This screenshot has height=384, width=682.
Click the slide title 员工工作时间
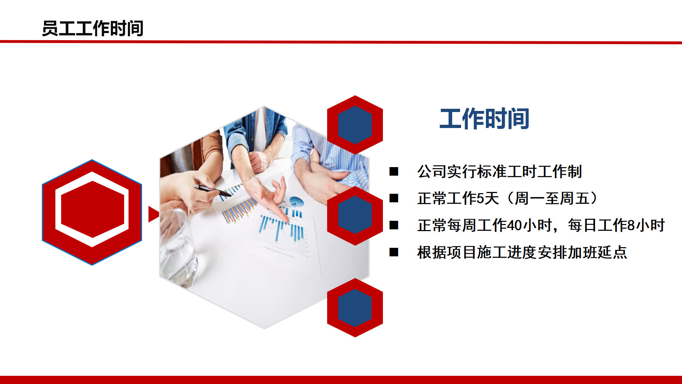point(93,28)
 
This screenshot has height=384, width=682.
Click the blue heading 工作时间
point(485,119)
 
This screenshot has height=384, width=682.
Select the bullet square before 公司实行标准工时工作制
point(394,171)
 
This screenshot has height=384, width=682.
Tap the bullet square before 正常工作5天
point(394,198)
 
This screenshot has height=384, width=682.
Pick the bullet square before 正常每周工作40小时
point(394,225)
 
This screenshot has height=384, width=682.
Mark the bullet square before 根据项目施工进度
point(394,252)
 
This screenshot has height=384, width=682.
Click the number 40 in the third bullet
point(514,225)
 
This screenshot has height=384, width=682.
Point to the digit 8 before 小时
point(631,225)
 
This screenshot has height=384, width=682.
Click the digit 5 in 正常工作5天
point(480,198)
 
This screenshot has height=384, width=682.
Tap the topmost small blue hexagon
point(355,125)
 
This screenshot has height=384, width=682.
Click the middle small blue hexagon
point(355,215)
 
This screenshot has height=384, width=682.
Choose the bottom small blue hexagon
point(355,308)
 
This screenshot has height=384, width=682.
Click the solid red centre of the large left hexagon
point(93,209)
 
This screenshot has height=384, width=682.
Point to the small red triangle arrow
point(153,214)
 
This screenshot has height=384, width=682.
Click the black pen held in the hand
point(212,190)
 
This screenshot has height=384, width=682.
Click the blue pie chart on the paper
point(297,202)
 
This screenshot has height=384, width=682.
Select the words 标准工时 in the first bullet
point(507,171)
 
